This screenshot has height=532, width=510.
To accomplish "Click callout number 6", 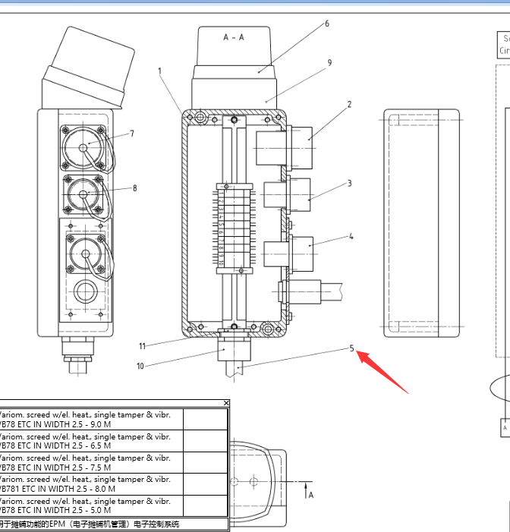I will coord(327,24).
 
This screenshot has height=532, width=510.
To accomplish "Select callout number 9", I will coord(329,63).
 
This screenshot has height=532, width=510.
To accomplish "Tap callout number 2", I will coord(350,105).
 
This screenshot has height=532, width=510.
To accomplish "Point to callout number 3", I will coord(350,183).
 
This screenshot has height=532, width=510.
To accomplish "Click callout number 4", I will coord(351,236).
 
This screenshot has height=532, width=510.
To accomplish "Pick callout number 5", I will coord(352,348).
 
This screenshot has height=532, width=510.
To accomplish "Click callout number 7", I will coord(132,134).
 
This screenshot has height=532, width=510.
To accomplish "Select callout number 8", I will coord(135,187).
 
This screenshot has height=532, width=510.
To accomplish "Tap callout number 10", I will coord(140,366).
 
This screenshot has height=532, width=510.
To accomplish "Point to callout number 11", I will coord(142,346).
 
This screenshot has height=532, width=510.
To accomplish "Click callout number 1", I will coord(160,71).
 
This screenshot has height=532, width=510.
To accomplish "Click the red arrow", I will coord(382,372).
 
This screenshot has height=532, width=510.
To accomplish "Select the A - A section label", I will coord(234,36).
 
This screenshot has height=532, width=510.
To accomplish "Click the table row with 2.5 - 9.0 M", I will coord(91,420).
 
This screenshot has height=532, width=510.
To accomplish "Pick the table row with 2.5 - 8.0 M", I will coord(91,484).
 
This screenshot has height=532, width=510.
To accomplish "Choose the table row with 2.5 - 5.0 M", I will coord(91,506).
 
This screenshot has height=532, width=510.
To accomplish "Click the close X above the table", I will coord(226,403).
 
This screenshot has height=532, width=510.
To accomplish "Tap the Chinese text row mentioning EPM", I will coord(91,524).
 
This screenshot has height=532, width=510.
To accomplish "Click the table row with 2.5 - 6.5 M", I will coord(91,441).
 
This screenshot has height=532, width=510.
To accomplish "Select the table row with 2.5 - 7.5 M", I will coord(91,463).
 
